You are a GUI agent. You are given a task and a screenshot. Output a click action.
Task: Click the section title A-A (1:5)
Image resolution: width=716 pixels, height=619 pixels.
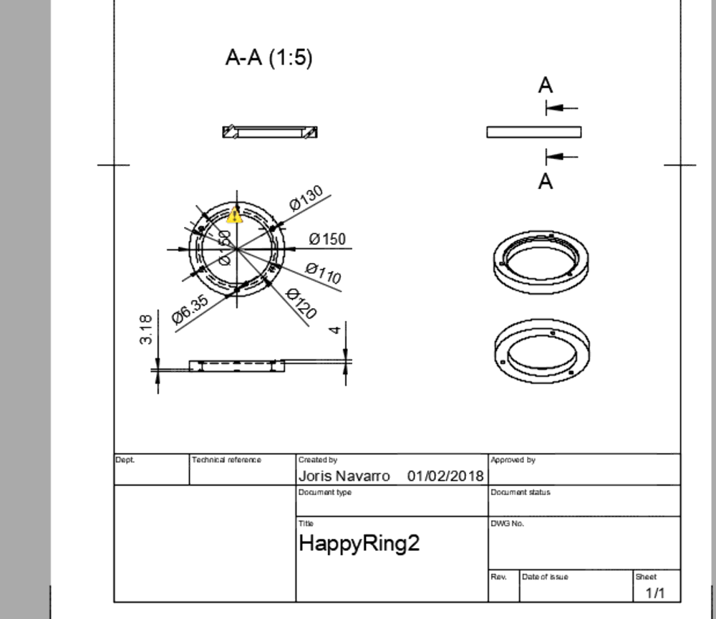tap(268, 57)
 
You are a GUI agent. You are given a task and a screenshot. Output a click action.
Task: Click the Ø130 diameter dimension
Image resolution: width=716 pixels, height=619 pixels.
tap(307, 198)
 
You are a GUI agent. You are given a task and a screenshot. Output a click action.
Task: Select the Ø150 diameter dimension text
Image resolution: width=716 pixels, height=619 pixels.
tap(327, 239)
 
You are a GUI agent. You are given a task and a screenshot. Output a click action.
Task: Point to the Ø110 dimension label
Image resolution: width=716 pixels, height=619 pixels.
tap(323, 273)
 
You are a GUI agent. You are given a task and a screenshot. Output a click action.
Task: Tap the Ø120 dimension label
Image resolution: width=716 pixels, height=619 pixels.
tap(301, 303)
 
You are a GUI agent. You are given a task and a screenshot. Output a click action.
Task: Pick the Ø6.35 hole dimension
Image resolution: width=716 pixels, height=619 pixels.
tap(190, 310)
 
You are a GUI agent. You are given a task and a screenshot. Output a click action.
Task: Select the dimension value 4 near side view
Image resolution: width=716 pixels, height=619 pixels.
tap(334, 330)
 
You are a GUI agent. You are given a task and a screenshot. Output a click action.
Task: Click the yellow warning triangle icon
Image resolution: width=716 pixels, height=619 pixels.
tap(234, 215)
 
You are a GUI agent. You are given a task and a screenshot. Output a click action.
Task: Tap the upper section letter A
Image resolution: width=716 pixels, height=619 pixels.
tap(546, 85)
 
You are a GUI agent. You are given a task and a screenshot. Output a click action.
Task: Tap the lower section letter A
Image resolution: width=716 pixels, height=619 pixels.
tap(546, 182)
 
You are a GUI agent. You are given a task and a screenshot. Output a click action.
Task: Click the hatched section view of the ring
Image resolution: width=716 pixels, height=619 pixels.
tap(270, 132)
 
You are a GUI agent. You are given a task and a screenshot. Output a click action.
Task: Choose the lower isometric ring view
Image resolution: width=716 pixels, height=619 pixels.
tap(541, 351)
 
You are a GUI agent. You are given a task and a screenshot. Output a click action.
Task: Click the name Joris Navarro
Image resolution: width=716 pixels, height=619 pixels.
tap(344, 476)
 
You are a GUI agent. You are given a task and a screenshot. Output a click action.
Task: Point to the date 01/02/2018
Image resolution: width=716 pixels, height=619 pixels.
tap(445, 476)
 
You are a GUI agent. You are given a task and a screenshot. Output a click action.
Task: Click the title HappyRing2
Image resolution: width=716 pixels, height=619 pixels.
tap(359, 543)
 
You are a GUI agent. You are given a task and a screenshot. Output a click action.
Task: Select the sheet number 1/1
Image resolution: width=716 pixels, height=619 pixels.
tap(654, 593)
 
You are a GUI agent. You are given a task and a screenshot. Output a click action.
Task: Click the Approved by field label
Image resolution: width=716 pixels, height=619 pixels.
tap(513, 460)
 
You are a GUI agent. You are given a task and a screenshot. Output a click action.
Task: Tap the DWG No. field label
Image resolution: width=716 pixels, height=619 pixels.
tap(507, 524)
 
